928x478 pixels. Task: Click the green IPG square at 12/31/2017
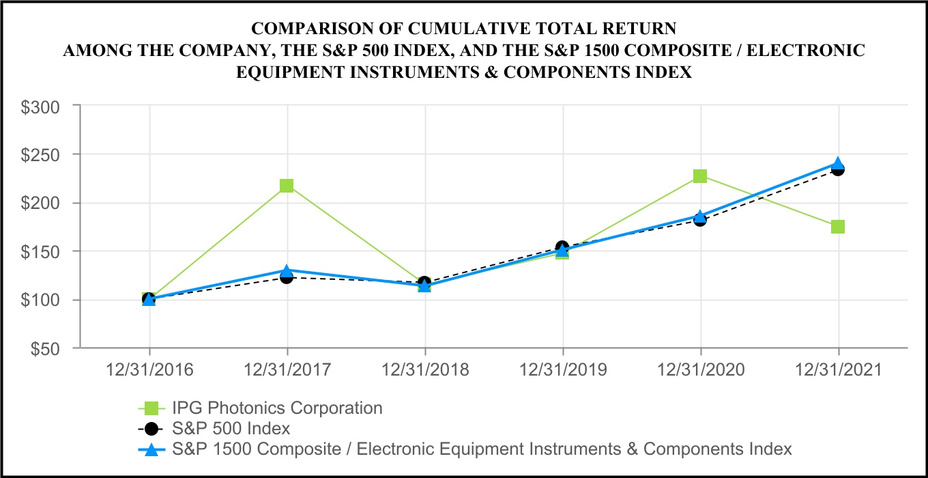(x=287, y=186)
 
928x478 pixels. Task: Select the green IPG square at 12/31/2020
(x=700, y=176)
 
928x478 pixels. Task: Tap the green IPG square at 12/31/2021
(x=838, y=227)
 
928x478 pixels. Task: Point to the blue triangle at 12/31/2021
(x=838, y=165)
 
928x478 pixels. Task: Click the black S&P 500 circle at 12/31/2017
(x=287, y=277)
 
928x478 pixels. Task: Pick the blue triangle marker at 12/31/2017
(x=287, y=271)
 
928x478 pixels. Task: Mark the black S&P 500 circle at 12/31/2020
(x=700, y=219)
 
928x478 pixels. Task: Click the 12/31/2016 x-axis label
(x=149, y=370)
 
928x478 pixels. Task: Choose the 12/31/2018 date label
(x=424, y=370)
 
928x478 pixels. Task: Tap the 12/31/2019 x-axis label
(x=562, y=370)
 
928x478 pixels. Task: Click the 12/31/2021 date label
(x=838, y=370)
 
